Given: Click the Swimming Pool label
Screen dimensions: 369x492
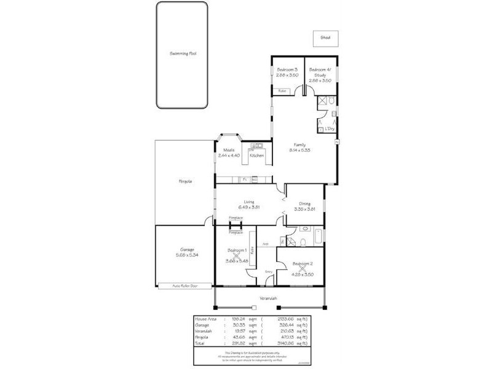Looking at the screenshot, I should (x=183, y=54).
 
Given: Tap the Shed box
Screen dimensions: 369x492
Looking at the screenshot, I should (x=325, y=38).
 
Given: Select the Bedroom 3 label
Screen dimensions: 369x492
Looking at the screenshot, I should (x=287, y=70).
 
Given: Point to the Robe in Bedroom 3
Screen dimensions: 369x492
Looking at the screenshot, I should (x=282, y=91).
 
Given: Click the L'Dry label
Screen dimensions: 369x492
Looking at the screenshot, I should (x=330, y=129).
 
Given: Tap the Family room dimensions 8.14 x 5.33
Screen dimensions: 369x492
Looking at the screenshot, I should (x=300, y=149).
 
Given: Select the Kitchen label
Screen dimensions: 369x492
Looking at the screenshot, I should (x=256, y=156).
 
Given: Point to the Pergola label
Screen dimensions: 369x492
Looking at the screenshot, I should (x=184, y=181).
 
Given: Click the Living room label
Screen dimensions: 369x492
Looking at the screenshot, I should (x=249, y=201).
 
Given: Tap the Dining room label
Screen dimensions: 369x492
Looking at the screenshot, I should (x=304, y=204).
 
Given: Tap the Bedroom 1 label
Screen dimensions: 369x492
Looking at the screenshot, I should (x=237, y=250).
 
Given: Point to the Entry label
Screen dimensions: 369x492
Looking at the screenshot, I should (x=268, y=271).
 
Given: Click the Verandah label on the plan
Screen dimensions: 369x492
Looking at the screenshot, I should (x=268, y=300).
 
